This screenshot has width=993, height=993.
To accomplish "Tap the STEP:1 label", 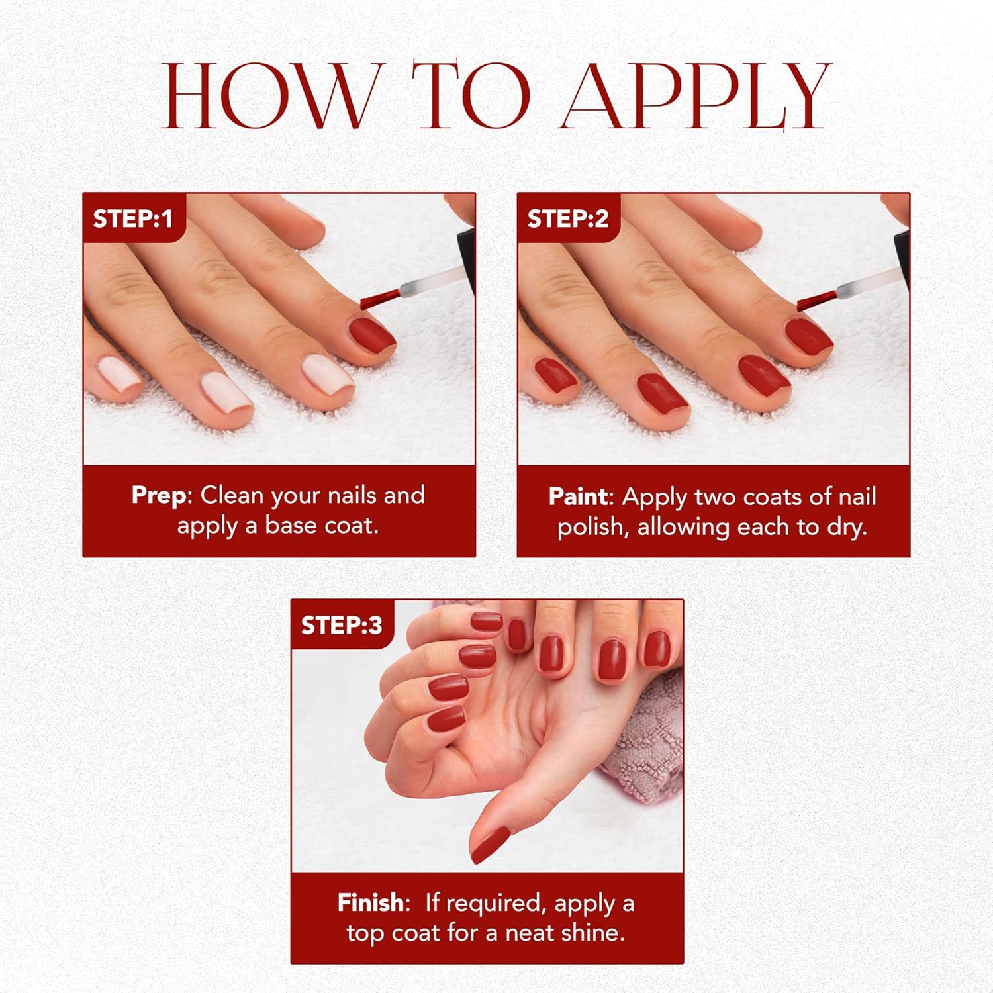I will [x=132, y=218].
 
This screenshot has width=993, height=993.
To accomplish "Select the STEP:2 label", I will [x=567, y=218].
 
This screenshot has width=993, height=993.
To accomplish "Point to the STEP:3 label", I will [x=341, y=625].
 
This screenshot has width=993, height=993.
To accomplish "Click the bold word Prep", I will [x=159, y=495].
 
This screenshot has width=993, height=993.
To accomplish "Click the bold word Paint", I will [x=578, y=496].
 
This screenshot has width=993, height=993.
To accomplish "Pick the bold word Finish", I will [x=370, y=902].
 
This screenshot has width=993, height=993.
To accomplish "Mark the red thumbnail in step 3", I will [x=490, y=844].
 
